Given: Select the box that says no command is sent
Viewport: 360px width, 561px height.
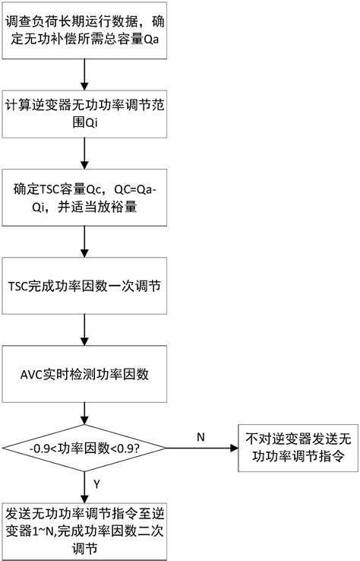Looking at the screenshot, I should [292, 447].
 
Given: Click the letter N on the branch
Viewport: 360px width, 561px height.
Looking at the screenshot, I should [201, 438].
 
